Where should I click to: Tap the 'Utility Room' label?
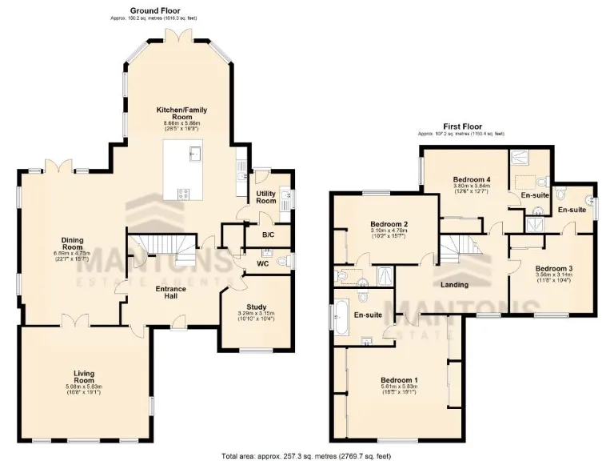(x=265, y=198)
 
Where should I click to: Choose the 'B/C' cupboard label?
(x=268, y=235)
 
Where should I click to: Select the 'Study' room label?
(x=256, y=306)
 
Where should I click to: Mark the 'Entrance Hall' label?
(x=170, y=292)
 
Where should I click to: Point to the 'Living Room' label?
(x=84, y=377)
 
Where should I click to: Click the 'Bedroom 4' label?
(x=471, y=178)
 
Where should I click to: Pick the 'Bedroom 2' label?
(x=389, y=224)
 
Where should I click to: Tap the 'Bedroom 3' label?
(x=552, y=268)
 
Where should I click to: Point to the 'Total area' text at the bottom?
(x=306, y=455)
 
